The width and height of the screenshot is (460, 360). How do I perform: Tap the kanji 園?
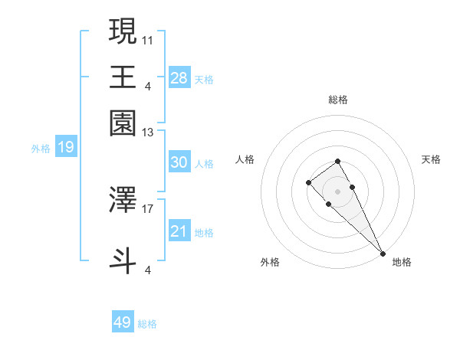click(123, 123)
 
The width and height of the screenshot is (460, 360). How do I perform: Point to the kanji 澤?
click(123, 199)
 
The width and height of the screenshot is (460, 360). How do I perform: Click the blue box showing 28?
click(179, 77)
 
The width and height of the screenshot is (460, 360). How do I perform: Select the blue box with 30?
click(179, 162)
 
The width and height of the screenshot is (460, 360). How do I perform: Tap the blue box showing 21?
click(179, 231)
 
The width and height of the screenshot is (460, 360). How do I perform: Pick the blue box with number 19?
click(66, 147)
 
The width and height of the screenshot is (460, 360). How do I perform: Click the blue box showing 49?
click(123, 322)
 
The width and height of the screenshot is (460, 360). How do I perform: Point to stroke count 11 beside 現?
click(148, 38)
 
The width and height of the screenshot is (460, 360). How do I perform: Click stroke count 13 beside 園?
click(148, 132)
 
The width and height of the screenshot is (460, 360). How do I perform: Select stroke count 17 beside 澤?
click(148, 208)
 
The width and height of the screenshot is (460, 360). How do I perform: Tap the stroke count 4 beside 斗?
click(148, 269)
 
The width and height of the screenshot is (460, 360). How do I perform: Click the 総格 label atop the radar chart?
click(338, 100)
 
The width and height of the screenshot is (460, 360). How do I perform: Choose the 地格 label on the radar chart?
click(402, 262)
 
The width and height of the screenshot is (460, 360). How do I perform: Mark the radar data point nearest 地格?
click(383, 253)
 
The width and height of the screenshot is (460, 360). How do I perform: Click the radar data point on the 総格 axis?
click(337, 161)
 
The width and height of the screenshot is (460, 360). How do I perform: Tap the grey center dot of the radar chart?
click(337, 191)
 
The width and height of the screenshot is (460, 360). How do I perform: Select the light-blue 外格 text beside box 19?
click(41, 148)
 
